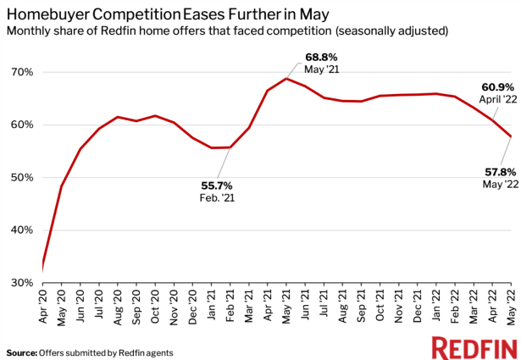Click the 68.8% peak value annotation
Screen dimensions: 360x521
pyautogui.click(x=322, y=58)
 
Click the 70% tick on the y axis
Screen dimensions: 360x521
pyautogui.click(x=23, y=73)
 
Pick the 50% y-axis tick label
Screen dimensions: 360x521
pyautogui.click(x=23, y=178)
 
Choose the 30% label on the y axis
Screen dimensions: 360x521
pyautogui.click(x=23, y=283)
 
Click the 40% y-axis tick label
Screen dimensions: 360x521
pyautogui.click(x=23, y=230)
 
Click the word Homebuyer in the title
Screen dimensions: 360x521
pyautogui.click(x=49, y=14)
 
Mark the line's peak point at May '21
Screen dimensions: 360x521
pyautogui.click(x=286, y=79)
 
